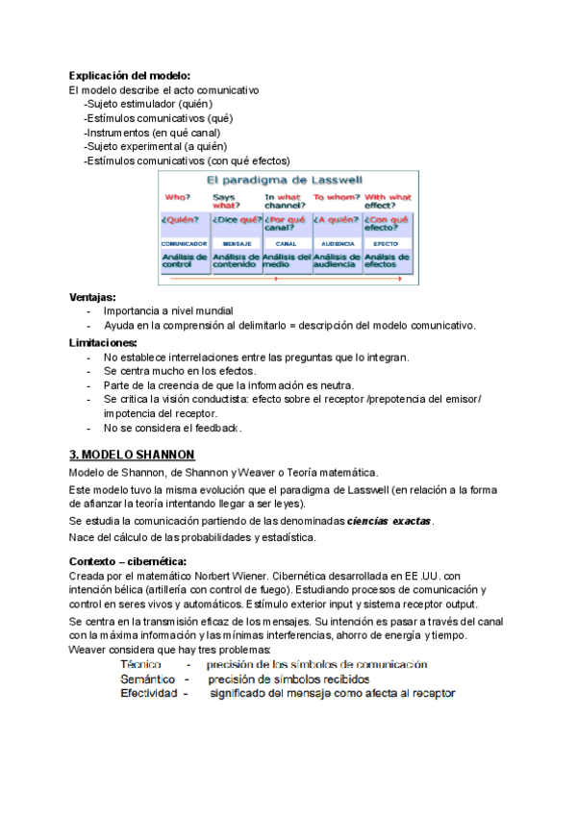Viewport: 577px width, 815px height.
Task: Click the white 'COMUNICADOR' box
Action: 185,244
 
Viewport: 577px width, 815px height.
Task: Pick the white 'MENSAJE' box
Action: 237,244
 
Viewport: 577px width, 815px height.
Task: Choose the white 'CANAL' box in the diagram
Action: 287,244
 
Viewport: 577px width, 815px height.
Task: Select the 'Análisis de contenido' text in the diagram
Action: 236,260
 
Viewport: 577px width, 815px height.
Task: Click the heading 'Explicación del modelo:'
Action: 130,76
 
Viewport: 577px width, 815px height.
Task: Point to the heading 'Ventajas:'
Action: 93,297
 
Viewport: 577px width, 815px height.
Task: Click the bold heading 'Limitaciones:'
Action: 103,342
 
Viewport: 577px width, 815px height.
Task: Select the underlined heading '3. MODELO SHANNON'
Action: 132,454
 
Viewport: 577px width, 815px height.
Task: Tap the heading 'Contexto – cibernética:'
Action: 128,560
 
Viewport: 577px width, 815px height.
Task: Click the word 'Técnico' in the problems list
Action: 140,664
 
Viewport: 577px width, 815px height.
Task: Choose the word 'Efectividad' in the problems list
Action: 149,693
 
